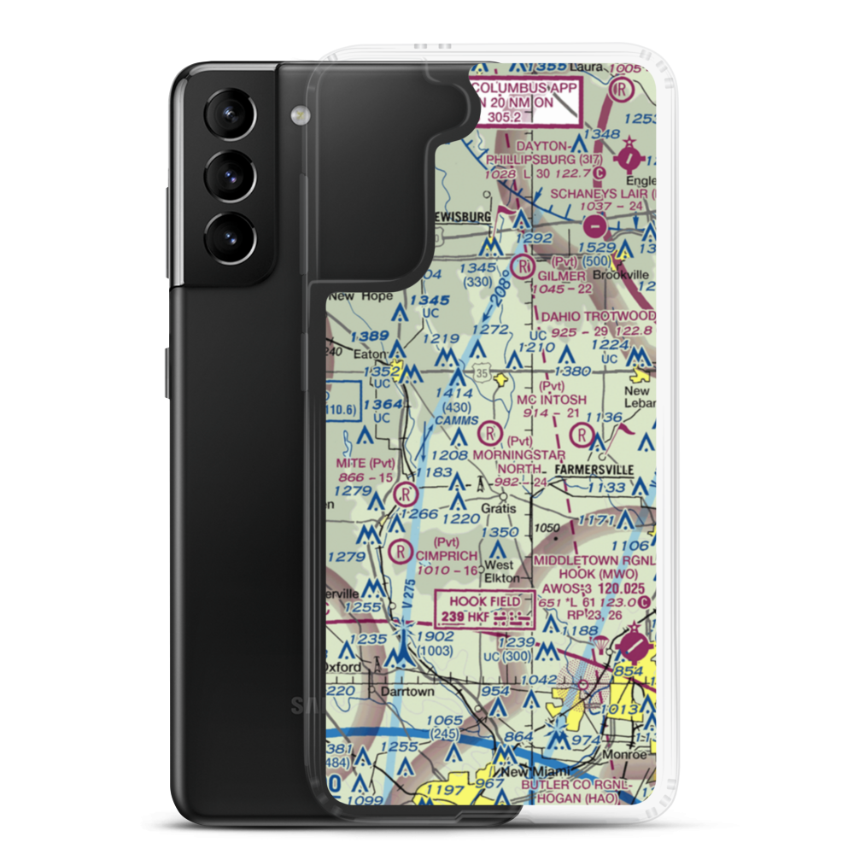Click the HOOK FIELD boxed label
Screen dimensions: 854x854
coord(484,600)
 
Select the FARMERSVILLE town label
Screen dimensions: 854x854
coord(595,470)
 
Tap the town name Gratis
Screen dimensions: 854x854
coord(498,508)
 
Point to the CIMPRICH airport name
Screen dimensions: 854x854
coord(446,556)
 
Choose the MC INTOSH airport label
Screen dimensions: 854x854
coord(552,400)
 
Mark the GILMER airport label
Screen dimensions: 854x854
coord(561,277)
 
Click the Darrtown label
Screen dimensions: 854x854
coord(407,691)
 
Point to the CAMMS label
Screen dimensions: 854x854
coord(450,421)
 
